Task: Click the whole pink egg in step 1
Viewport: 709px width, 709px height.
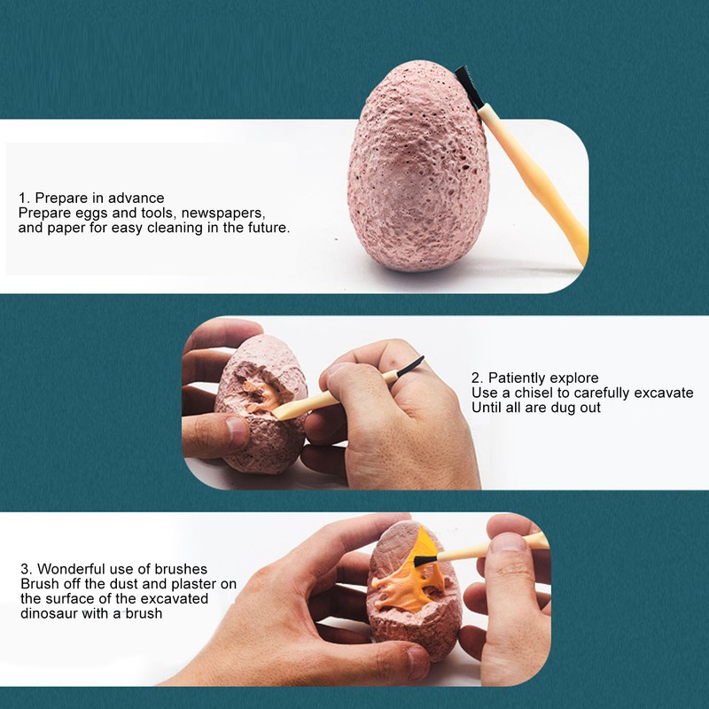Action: (418, 168)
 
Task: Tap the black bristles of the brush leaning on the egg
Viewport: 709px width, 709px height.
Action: (467, 87)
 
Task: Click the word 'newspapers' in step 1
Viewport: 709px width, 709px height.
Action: (223, 213)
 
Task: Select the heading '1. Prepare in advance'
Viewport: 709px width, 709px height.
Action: (91, 198)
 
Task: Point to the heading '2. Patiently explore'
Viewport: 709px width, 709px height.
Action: (535, 378)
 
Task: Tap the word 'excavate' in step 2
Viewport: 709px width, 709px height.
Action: (663, 393)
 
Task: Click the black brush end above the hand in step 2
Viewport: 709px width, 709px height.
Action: (410, 366)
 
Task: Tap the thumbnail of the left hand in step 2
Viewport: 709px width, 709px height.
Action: (237, 431)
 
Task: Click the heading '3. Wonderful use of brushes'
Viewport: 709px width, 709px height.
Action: (114, 568)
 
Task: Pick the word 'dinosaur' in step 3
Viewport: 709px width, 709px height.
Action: (50, 613)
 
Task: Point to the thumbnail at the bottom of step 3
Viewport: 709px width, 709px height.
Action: (417, 661)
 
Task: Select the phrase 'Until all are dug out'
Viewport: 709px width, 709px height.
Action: (536, 408)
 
